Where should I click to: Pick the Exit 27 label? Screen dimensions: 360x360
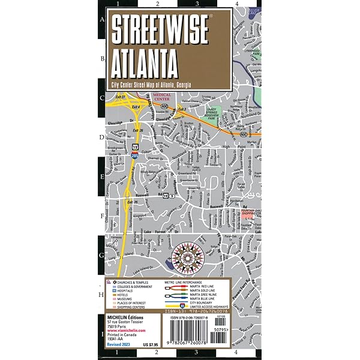coord(119,97)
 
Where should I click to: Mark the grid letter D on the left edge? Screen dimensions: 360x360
coord(101,137)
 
